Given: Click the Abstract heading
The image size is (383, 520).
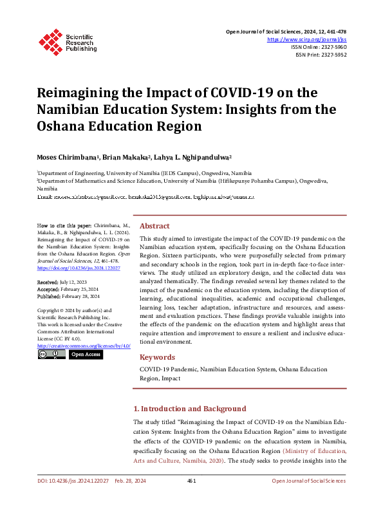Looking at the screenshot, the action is pyautogui.click(x=154, y=226).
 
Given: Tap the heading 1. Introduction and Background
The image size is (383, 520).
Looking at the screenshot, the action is pyautogui.click(x=189, y=409).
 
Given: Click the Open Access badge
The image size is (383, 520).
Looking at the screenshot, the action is pyautogui.click(x=86, y=355).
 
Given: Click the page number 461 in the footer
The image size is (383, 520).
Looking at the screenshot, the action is pyautogui.click(x=191, y=481).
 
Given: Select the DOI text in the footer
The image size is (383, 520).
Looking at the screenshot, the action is pyautogui.click(x=71, y=481).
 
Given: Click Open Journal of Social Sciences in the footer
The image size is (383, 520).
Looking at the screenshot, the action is pyautogui.click(x=308, y=481).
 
